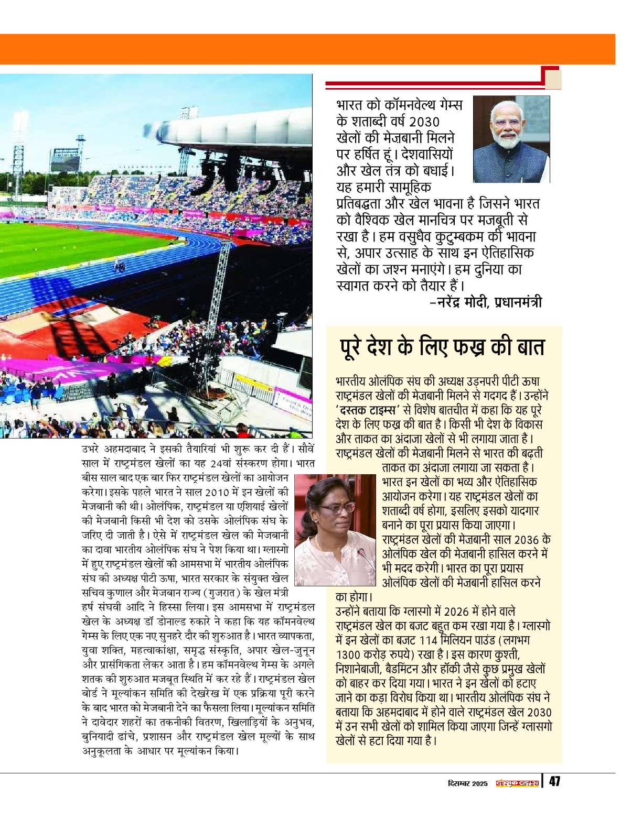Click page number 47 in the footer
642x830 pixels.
[x=554, y=782]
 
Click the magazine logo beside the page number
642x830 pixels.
[x=518, y=783]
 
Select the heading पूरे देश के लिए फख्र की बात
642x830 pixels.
[x=442, y=348]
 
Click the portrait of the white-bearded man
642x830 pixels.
[x=511, y=139]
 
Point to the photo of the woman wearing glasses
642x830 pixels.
[x=335, y=530]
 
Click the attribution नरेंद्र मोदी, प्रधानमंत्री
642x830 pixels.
[x=485, y=302]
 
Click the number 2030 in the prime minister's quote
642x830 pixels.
[x=423, y=122]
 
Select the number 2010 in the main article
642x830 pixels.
[x=217, y=493]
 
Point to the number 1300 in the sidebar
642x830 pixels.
[x=349, y=654]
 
